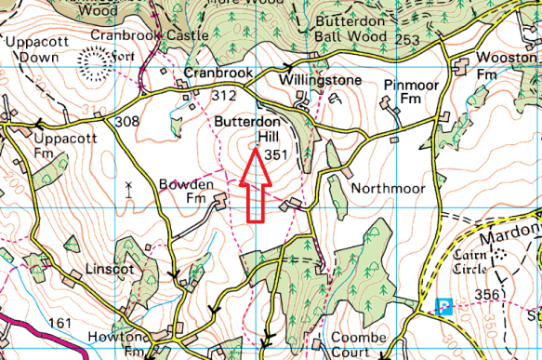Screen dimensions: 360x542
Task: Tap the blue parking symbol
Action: (445, 305)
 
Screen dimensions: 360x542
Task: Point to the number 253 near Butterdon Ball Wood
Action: (433, 40)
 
